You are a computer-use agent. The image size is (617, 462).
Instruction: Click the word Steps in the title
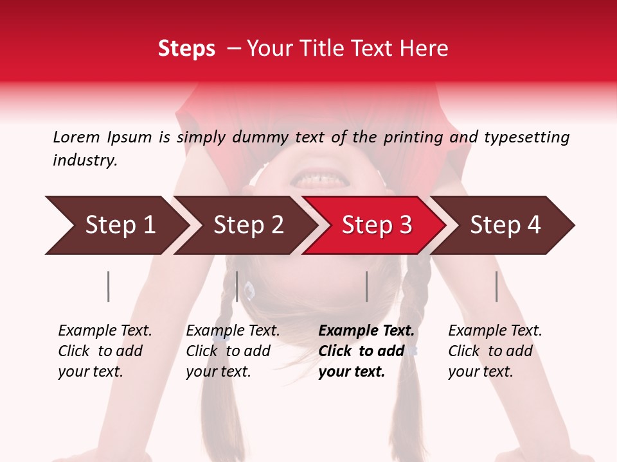(x=186, y=49)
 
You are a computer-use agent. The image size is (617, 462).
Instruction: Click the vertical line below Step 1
(x=109, y=286)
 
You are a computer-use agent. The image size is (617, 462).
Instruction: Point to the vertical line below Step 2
(x=237, y=286)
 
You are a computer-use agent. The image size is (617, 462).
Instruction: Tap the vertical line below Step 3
(x=366, y=286)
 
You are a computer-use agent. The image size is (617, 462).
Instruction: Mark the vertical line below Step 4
(x=497, y=286)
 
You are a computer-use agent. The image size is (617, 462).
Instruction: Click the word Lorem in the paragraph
(x=76, y=137)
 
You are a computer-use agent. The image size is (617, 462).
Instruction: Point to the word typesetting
(x=526, y=137)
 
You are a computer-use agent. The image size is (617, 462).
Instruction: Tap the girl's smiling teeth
(x=316, y=175)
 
